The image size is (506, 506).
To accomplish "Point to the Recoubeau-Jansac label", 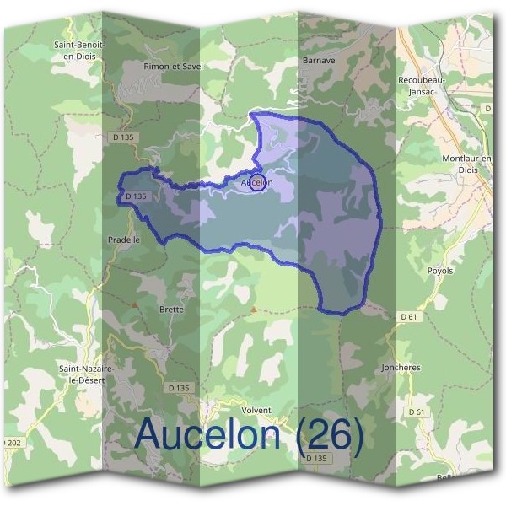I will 417,85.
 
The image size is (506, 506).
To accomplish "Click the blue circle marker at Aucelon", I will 257,183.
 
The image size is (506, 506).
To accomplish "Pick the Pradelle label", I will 124,239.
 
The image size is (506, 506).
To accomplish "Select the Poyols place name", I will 440,271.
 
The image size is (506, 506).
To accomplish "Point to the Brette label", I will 171,310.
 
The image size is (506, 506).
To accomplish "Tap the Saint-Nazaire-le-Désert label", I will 85,374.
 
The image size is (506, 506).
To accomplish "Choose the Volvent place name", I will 256,411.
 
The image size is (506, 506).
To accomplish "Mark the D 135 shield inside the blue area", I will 135,196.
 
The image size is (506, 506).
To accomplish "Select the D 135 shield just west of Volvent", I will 179,387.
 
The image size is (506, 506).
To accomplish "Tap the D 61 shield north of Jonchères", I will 410,316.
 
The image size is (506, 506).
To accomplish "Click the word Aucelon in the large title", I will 208,435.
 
